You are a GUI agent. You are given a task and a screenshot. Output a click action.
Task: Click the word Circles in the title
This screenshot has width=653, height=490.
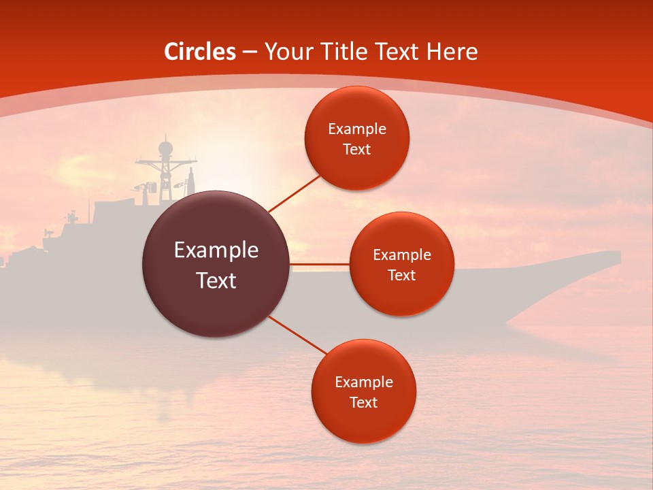[x=200, y=52]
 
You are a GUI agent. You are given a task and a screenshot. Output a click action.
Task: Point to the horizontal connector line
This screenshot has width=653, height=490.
[x=320, y=264]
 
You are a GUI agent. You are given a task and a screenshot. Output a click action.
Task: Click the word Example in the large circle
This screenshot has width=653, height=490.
[x=216, y=250]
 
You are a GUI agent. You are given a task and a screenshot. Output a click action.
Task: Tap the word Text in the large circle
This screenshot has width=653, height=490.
[x=216, y=280]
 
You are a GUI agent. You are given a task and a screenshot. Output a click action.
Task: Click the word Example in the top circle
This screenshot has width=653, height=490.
[x=356, y=129]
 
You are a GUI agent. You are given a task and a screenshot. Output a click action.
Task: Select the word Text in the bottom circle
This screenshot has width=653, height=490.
[x=363, y=403]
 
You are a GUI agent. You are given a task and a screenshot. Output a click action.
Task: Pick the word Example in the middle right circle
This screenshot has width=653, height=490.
[x=401, y=255]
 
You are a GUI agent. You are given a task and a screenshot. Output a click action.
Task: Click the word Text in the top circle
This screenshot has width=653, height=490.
[x=356, y=150]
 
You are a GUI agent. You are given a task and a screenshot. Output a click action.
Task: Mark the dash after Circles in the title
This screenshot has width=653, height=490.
[x=250, y=52]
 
